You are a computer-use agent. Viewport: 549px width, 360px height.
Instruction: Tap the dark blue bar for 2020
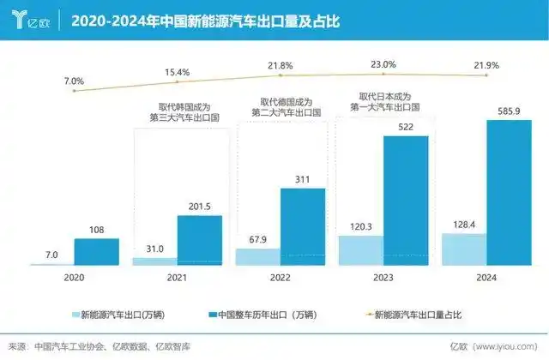pyautogui.click(x=96, y=252)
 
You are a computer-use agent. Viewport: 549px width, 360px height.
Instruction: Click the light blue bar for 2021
pyautogui.click(x=154, y=261)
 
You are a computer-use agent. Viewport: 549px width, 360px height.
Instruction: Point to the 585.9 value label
pyautogui.click(x=510, y=111)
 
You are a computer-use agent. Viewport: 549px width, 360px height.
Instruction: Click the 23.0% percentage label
pyautogui.click(x=383, y=64)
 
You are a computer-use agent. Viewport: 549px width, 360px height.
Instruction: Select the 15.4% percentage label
pyautogui.click(x=177, y=73)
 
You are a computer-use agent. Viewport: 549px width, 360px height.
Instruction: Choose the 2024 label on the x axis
pyautogui.click(x=486, y=277)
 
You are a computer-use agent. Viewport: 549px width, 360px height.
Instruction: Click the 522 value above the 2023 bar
pyautogui.click(x=406, y=127)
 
